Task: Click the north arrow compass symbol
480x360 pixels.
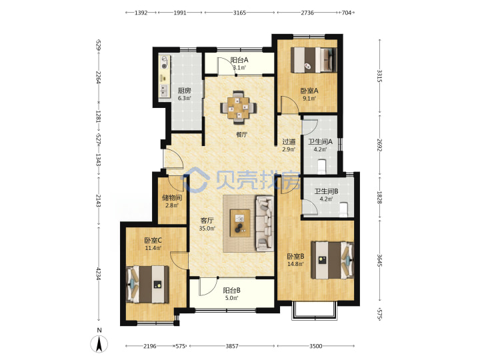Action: pos(99,344)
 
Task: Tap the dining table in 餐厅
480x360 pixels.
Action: pos(239,107)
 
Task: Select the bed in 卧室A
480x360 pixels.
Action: pos(313,60)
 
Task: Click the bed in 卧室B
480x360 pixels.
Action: pos(332,260)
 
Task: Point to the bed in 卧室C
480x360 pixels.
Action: pos(147,285)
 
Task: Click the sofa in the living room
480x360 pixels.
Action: pos(265,223)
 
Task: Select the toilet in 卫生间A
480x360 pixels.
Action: pos(321,166)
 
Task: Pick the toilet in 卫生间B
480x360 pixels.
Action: pos(344,210)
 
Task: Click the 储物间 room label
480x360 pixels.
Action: pos(172,198)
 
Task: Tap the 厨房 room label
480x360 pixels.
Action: pos(184,91)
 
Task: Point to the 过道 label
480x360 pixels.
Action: pos(289,142)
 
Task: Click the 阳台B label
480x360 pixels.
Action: pos(231,290)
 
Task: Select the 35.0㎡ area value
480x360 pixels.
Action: pos(207,228)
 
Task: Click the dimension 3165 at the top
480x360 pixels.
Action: pos(239,13)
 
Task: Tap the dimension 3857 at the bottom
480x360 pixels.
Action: pos(232,346)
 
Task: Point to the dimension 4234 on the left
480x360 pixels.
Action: pos(98,273)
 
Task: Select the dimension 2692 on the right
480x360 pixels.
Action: pos(379,145)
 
